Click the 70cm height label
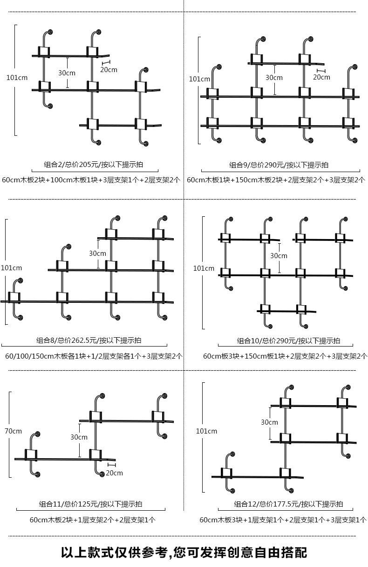[14, 431]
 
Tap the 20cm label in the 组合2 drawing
[109, 70]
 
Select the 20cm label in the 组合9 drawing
[321, 77]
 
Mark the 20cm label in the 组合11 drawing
[114, 473]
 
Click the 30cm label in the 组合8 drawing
[97, 253]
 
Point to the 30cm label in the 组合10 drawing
[279, 256]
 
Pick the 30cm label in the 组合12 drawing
[269, 422]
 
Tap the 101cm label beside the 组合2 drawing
[17, 77]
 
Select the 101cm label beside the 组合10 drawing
[204, 268]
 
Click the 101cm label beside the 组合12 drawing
[206, 431]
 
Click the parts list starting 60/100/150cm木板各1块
[94, 356]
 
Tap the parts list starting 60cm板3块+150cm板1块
[285, 356]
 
